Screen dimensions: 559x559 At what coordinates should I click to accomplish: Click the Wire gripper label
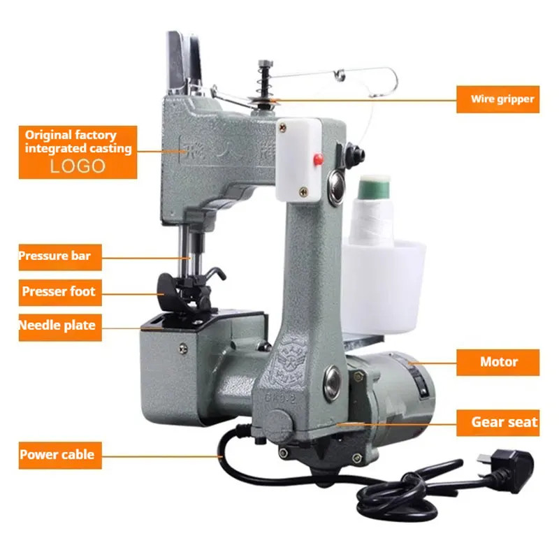(502, 99)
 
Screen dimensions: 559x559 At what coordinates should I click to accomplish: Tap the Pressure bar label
(55, 256)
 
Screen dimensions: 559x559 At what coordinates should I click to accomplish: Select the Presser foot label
(58, 291)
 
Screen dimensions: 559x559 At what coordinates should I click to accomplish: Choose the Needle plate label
(57, 326)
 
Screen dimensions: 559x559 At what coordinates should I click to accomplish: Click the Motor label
(498, 362)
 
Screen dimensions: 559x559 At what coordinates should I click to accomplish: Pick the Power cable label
(57, 455)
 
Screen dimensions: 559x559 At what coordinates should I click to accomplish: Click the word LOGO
(78, 166)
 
